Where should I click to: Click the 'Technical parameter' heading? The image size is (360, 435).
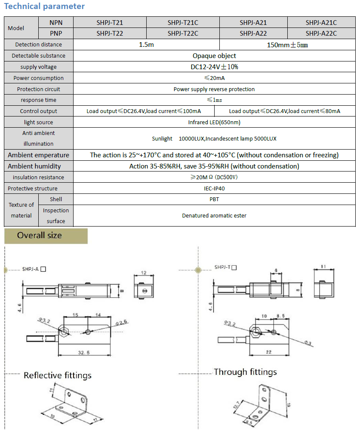point(44,6)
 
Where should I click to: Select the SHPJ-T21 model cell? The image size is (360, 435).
point(110,22)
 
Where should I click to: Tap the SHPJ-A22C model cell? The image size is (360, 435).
point(321,33)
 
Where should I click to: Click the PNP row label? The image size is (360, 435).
point(56,33)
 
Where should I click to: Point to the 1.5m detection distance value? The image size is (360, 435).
point(146,45)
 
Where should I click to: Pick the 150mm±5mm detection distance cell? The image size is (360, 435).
point(287,45)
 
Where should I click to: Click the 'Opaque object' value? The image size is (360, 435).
point(214,56)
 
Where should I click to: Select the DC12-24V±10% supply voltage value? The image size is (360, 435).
point(214,67)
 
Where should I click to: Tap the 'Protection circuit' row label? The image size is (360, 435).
point(39,89)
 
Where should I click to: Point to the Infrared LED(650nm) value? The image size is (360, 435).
point(214,123)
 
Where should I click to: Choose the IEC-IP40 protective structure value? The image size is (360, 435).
point(214,189)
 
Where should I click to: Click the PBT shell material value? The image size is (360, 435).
point(214,199)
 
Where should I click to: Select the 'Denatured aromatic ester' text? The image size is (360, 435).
point(214,216)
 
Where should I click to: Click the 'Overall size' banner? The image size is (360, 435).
point(40,236)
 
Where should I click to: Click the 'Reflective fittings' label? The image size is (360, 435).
point(58,376)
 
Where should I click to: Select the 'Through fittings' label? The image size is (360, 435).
point(245,372)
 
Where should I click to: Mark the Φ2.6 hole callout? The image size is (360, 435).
point(122,322)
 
